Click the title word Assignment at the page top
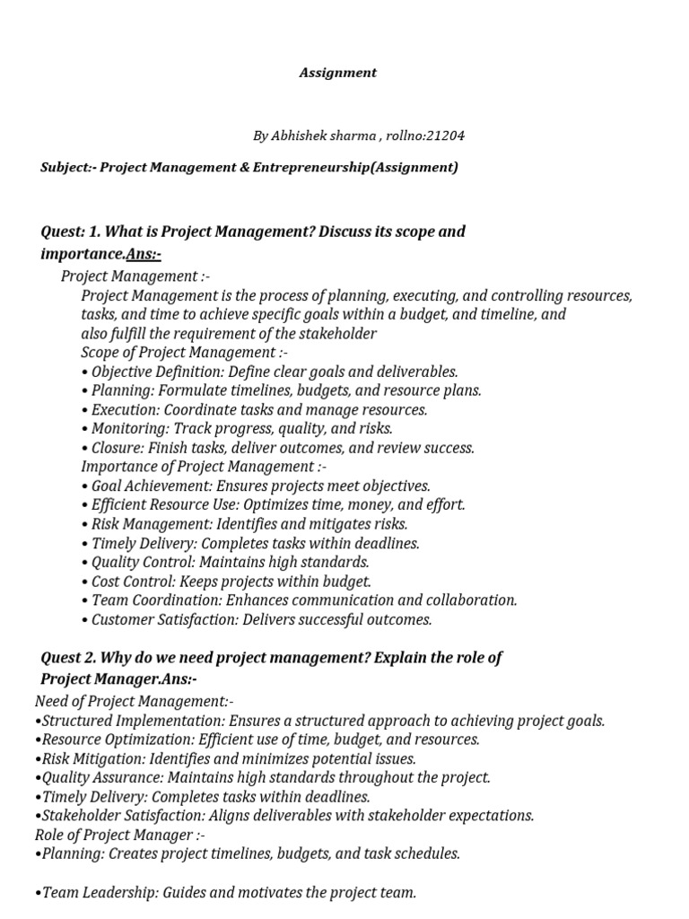click(x=337, y=73)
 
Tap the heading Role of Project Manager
click(x=115, y=835)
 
